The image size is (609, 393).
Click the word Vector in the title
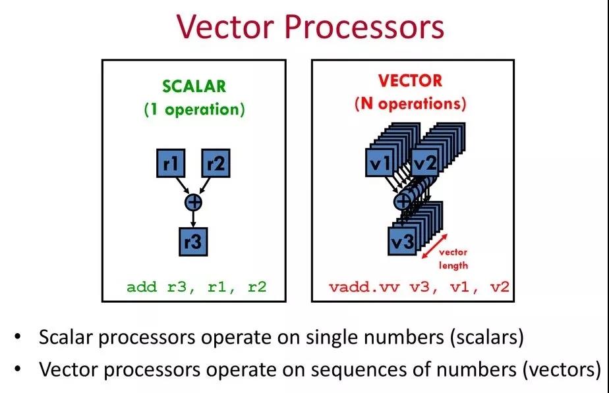point(225,26)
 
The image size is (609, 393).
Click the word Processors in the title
point(364,26)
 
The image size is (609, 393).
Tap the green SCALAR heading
point(194,86)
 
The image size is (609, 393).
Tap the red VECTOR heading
point(410,81)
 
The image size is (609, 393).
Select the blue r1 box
point(171,163)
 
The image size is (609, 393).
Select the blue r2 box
point(216,163)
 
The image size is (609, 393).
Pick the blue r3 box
point(193,242)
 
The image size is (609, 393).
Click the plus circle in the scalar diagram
point(193,202)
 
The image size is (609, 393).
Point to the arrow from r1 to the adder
point(182,186)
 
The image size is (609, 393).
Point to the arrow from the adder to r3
point(193,219)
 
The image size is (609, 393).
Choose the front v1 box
point(380,162)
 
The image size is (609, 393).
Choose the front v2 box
point(424,162)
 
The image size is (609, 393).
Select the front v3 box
point(402,241)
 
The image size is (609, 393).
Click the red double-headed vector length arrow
point(434,246)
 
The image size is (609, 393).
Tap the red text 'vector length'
point(453,259)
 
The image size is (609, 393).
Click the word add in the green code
point(141,288)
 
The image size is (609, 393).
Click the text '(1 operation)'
point(194,109)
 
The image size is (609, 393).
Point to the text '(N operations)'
point(410,104)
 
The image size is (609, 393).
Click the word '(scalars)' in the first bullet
point(487,337)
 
